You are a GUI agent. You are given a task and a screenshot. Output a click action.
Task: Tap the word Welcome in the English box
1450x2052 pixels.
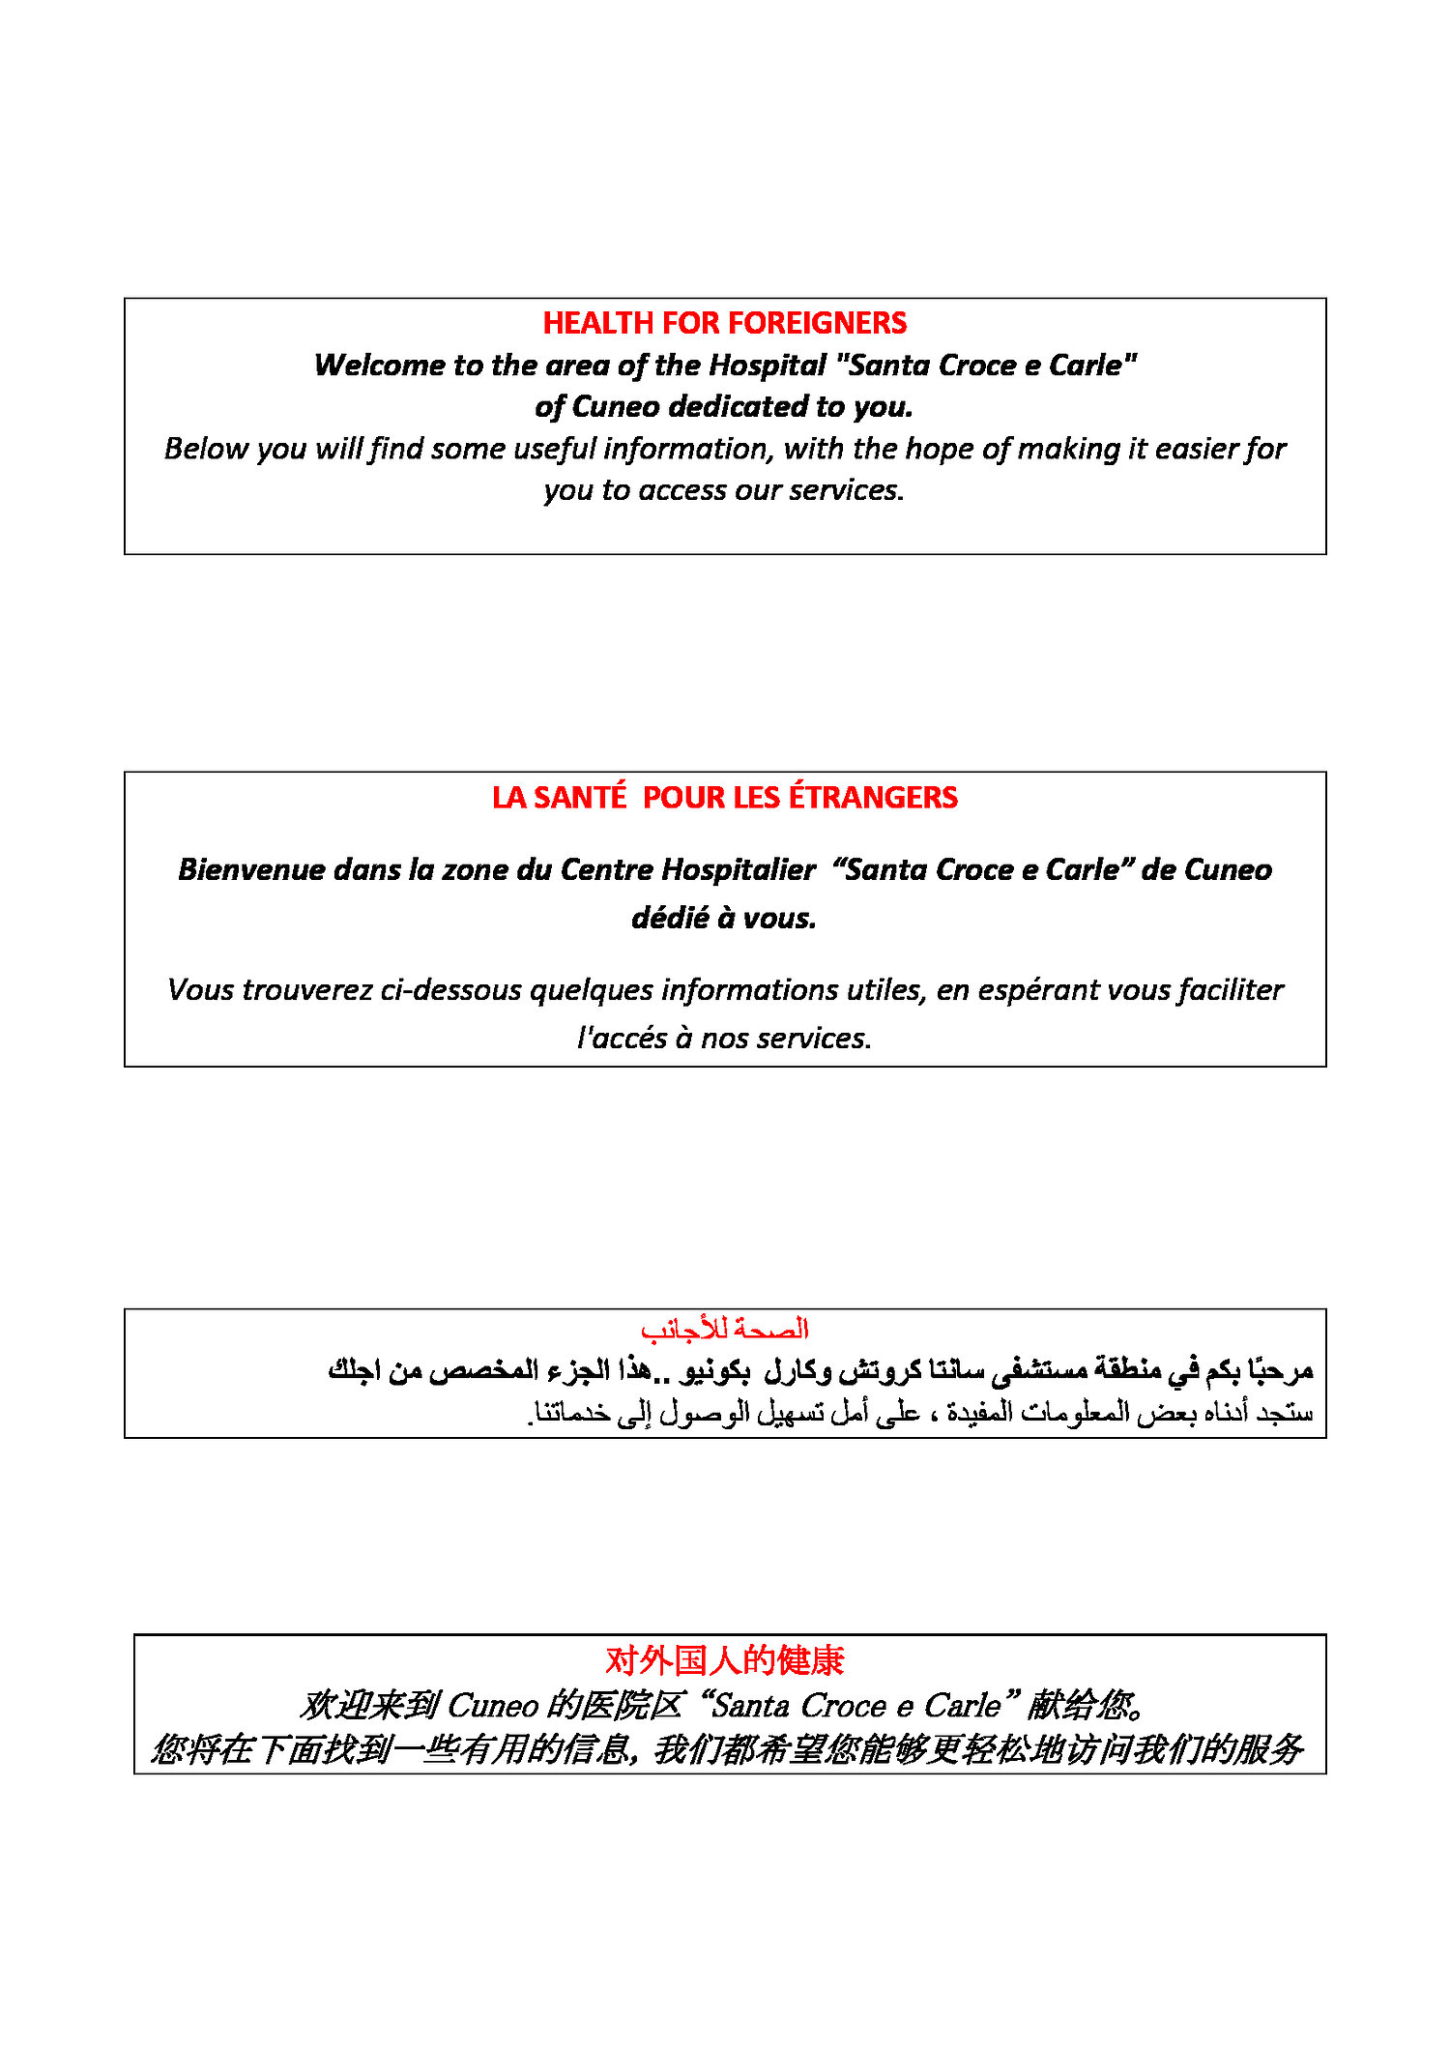(x=380, y=366)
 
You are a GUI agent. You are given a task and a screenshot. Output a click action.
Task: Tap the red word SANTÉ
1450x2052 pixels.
(x=579, y=798)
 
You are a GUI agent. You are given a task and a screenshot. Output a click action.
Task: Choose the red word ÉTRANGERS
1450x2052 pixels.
(x=873, y=798)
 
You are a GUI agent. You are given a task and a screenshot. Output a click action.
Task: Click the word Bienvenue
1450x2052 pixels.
(x=252, y=870)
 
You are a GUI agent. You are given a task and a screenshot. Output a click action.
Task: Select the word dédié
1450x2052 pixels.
(x=670, y=918)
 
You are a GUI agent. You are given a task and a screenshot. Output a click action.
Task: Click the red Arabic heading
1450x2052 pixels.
(x=724, y=1330)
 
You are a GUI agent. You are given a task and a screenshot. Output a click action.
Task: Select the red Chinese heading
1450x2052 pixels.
(x=724, y=1660)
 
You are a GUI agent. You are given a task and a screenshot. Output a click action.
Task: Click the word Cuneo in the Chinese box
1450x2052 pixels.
(x=493, y=1706)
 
